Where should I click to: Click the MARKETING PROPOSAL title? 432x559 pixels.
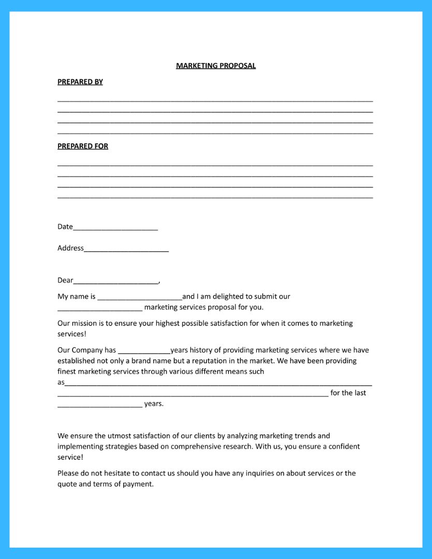tap(215, 66)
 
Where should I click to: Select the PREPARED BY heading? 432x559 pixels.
tap(80, 82)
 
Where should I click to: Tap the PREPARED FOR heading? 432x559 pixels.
tap(83, 146)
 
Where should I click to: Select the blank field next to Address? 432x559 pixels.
tap(126, 249)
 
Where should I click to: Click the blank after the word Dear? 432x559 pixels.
tap(116, 281)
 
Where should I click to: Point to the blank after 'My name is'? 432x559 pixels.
tap(140, 298)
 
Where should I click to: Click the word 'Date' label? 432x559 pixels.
tap(65, 227)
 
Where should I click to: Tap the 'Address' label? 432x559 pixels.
tap(70, 248)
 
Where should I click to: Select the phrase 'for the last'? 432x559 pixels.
tap(348, 393)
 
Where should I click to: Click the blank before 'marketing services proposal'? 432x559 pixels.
tap(100, 308)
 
